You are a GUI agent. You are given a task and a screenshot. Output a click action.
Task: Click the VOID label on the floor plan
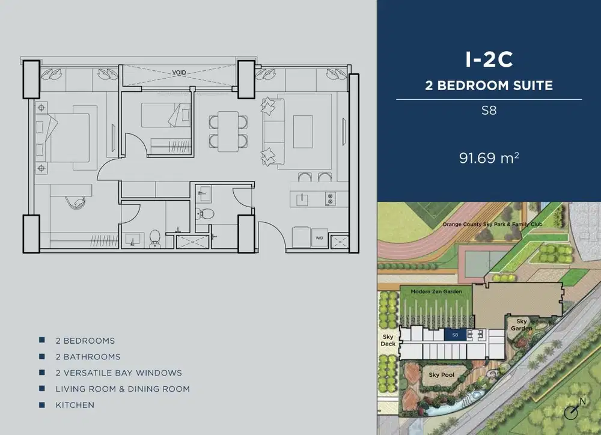[x=178, y=72]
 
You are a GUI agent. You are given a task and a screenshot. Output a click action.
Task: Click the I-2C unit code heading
[x=489, y=59]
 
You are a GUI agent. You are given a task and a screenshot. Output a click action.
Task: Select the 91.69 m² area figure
[x=489, y=159]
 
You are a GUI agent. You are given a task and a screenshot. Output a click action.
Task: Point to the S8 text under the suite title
[x=489, y=111]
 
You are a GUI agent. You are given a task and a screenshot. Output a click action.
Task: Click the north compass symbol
[x=573, y=410]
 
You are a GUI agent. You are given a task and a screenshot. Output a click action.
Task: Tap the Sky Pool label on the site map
[x=441, y=375]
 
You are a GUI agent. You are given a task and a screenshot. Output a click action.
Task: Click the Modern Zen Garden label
[x=436, y=291]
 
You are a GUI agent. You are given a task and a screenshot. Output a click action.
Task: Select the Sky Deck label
[x=388, y=341]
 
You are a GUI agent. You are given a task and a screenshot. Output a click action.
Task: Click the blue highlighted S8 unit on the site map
[x=456, y=335]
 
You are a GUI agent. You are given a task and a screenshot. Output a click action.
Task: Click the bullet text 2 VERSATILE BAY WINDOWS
[x=118, y=373]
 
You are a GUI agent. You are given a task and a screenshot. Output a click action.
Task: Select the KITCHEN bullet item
[x=75, y=405]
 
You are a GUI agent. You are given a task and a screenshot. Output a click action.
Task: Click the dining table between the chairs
[x=228, y=132]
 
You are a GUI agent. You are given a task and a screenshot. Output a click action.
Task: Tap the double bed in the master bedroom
[x=66, y=137]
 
